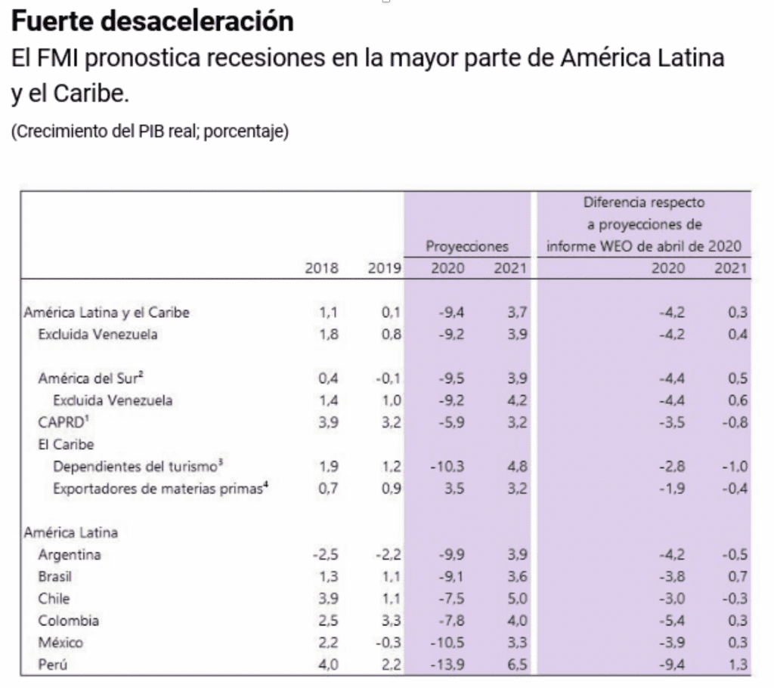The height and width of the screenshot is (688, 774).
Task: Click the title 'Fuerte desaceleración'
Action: [153, 21]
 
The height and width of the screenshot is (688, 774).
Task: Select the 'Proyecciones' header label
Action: [466, 246]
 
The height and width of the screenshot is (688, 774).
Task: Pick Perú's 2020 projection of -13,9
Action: [452, 665]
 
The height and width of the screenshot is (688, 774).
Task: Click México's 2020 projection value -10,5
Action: [452, 643]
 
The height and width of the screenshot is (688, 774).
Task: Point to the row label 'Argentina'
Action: [70, 555]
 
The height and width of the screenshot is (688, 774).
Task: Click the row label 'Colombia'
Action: [69, 621]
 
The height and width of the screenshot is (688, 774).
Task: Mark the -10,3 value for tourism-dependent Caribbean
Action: [452, 467]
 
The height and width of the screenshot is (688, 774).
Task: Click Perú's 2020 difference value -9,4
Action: [672, 665]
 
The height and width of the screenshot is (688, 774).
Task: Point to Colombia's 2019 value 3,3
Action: [390, 621]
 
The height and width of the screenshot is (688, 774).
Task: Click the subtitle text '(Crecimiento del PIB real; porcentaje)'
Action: [150, 131]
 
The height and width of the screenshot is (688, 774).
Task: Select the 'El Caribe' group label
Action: [62, 445]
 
